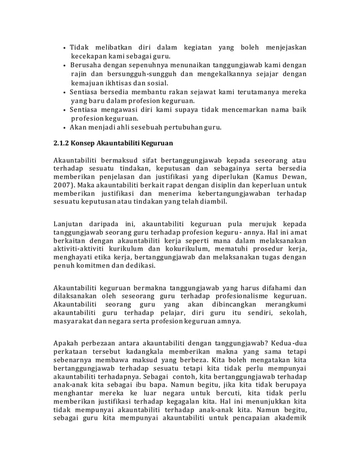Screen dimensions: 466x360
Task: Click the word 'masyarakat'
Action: [x=75, y=323]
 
